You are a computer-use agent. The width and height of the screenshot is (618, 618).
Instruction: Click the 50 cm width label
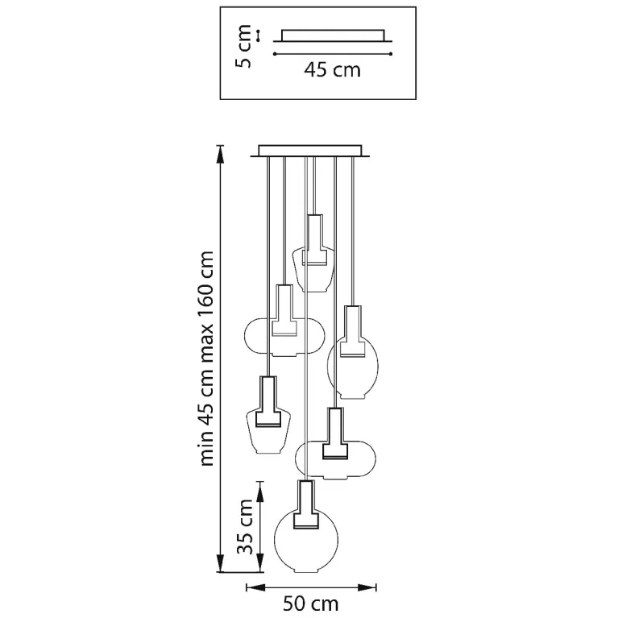tap(310, 603)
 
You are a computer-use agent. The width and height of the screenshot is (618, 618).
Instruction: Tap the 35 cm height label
tap(245, 527)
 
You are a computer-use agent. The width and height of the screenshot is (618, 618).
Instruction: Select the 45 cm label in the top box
tap(332, 70)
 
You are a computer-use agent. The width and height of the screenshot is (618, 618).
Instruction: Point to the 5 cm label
tap(243, 46)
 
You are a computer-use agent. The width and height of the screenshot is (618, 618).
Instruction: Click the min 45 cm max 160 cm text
tap(206, 359)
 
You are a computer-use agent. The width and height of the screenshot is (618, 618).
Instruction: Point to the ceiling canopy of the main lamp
tap(310, 151)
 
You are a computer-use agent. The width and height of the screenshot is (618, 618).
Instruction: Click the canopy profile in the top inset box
tap(333, 35)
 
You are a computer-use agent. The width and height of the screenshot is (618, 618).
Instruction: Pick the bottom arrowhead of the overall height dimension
tap(221, 563)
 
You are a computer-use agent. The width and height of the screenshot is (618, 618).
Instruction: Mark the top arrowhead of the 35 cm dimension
tap(259, 491)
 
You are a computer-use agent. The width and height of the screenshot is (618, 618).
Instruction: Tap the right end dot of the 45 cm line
tap(390, 54)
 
